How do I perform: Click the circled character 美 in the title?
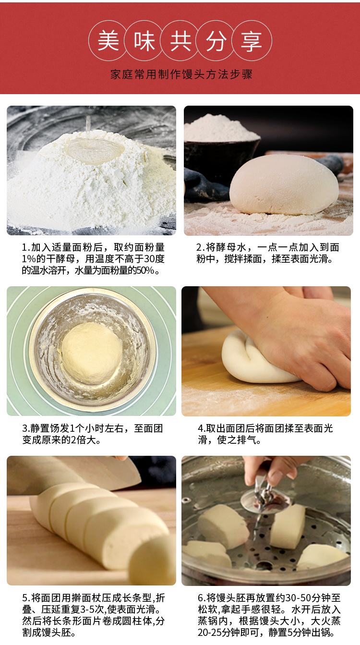(108, 41)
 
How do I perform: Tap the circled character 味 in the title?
(144, 41)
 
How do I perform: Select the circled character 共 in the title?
(180, 41)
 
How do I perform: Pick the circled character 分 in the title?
(216, 41)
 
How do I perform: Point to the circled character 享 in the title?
(252, 41)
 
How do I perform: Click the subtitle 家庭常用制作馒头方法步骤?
(181, 74)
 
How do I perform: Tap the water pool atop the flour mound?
(95, 150)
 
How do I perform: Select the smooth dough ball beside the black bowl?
(284, 184)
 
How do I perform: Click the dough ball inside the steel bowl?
(92, 353)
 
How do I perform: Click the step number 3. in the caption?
(26, 428)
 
